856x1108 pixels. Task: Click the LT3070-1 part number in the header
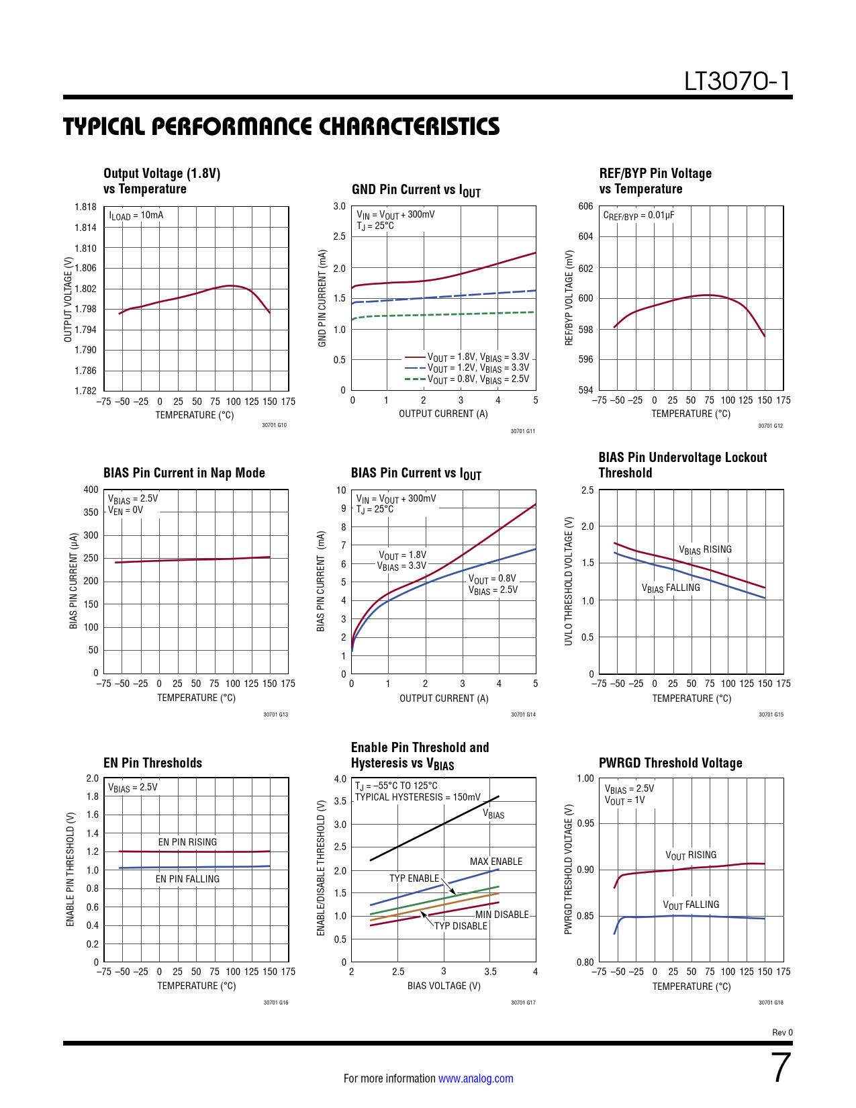coord(737,81)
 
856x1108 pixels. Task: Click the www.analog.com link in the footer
coord(475,1078)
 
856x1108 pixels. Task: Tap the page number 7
coord(781,1068)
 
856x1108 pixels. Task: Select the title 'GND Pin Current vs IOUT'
coord(416,191)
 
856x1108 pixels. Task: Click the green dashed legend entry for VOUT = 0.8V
coord(467,379)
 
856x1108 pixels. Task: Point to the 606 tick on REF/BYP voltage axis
coord(585,206)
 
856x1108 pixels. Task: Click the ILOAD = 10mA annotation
coord(136,216)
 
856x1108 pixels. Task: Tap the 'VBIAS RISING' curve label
coord(705,550)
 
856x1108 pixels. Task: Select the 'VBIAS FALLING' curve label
coord(671,588)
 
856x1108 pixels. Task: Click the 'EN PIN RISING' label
coord(187,842)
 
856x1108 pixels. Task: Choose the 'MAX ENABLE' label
coord(495,862)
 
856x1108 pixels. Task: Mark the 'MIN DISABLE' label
coord(502,915)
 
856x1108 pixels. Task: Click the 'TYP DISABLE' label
coord(461,926)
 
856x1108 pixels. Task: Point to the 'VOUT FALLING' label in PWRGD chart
coord(691,905)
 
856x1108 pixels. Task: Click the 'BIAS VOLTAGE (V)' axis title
coord(444,986)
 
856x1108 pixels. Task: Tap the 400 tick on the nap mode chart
coord(91,490)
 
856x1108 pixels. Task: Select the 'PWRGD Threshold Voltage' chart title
coord(670,763)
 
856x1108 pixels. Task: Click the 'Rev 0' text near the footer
coord(782,1033)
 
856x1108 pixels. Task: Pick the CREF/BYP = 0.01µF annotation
coord(638,216)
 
